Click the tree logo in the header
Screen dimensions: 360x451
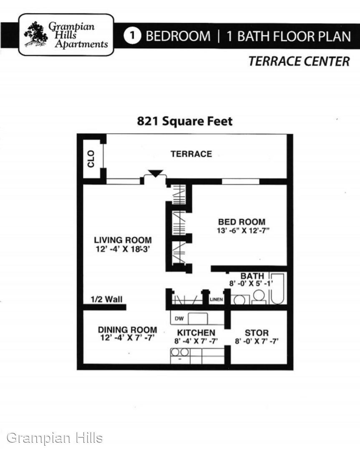pyautogui.click(x=35, y=34)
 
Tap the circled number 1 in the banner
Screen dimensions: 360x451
pyautogui.click(x=132, y=36)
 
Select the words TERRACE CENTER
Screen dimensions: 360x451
pyautogui.click(x=299, y=61)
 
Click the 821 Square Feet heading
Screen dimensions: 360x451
pyautogui.click(x=185, y=121)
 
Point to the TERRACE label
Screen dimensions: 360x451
pyautogui.click(x=191, y=154)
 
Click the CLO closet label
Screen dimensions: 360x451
pyautogui.click(x=91, y=159)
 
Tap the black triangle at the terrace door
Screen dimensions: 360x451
pyautogui.click(x=156, y=173)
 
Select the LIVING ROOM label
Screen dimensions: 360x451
pyautogui.click(x=123, y=240)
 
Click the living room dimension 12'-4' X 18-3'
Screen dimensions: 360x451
pyautogui.click(x=123, y=249)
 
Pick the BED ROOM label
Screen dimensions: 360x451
pyautogui.click(x=242, y=222)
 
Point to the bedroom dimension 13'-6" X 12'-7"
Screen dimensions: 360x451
pyautogui.click(x=243, y=231)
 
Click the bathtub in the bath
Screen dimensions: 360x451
pyautogui.click(x=278, y=289)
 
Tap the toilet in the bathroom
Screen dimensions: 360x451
pyautogui.click(x=259, y=297)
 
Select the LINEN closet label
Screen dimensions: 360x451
pyautogui.click(x=216, y=299)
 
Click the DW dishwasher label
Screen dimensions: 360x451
pyautogui.click(x=179, y=318)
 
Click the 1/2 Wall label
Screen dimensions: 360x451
pyautogui.click(x=107, y=299)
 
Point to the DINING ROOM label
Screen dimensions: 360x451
pyautogui.click(x=128, y=329)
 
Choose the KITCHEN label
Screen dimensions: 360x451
pyautogui.click(x=196, y=332)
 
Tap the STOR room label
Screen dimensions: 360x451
pyautogui.click(x=257, y=333)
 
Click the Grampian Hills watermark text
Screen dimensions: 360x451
pyautogui.click(x=55, y=438)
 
